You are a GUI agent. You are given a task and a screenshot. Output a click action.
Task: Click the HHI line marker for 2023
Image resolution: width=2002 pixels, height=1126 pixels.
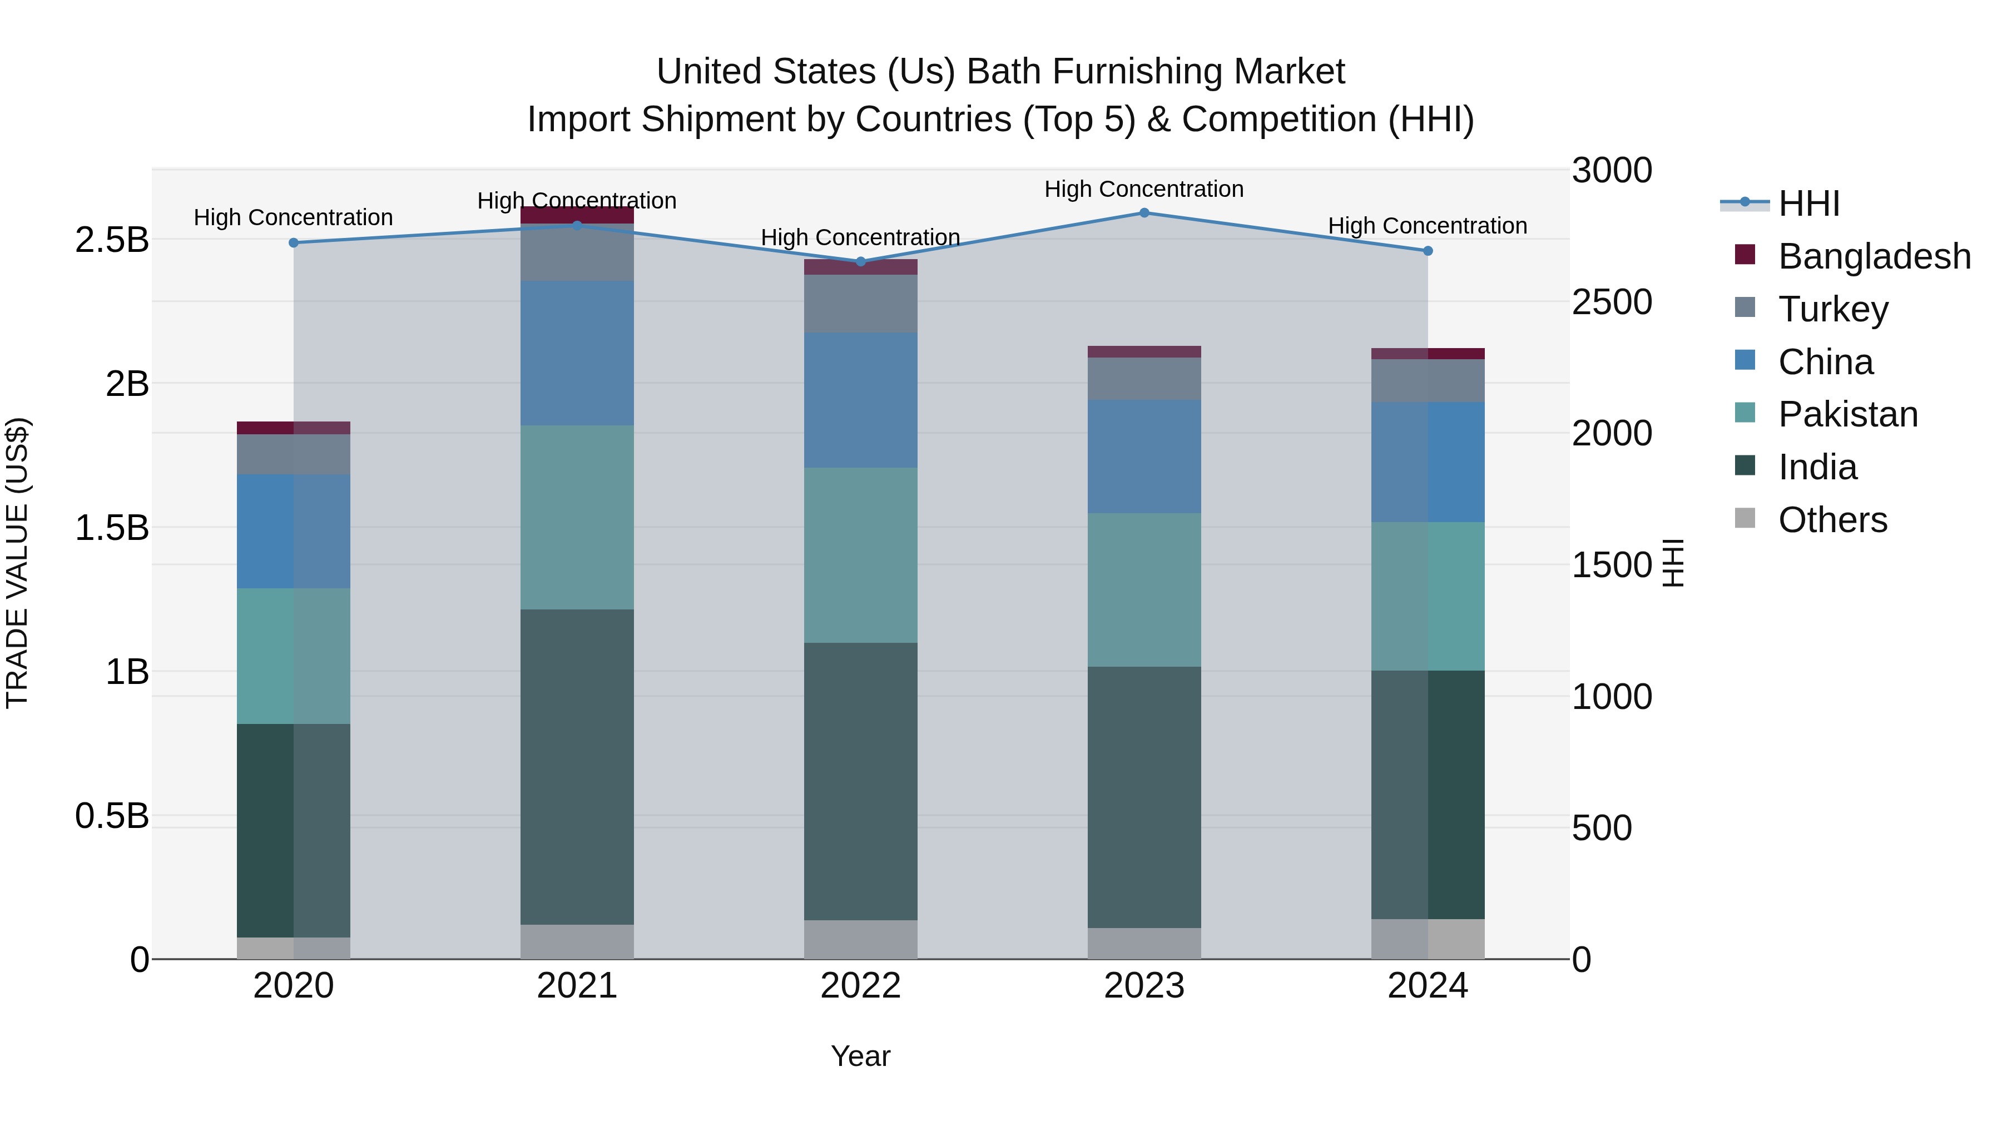tap(1144, 213)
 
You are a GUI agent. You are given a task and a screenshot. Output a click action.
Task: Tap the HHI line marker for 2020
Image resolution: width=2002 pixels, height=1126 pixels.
tap(294, 243)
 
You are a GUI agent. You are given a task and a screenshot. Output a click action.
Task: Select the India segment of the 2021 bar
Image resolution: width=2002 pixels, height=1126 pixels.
tap(577, 766)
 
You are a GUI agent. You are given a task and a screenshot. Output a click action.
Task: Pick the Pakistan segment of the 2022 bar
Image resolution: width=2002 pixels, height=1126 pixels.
tap(860, 555)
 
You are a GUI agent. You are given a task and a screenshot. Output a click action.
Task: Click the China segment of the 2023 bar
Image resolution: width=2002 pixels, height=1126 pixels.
tap(1144, 457)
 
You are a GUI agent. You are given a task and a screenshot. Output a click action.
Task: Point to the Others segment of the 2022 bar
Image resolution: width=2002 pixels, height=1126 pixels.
tap(860, 940)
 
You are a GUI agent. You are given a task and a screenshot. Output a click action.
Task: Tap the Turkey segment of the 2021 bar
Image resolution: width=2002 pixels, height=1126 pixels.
tap(577, 252)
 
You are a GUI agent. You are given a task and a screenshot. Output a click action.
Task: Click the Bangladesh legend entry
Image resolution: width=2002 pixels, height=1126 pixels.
tap(1873, 256)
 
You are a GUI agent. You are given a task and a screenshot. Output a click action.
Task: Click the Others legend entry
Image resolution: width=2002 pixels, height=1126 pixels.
tap(1832, 520)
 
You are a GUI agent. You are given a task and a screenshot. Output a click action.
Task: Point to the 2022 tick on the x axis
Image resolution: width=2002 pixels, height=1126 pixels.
tap(860, 986)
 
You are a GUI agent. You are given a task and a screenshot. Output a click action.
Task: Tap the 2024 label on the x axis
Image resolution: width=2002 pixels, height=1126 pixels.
tap(1428, 986)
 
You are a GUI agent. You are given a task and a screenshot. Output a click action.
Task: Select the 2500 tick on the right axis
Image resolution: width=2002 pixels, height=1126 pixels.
tap(1612, 302)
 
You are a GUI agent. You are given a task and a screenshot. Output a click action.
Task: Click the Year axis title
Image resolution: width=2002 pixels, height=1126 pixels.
tap(860, 1056)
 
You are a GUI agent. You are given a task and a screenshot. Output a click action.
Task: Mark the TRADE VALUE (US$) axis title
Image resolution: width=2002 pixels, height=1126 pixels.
tap(17, 563)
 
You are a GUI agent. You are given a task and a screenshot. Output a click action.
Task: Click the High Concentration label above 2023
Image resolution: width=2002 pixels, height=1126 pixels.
tap(1144, 189)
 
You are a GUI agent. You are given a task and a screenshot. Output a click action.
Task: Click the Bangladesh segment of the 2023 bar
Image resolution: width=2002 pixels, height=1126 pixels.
tap(1144, 352)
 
